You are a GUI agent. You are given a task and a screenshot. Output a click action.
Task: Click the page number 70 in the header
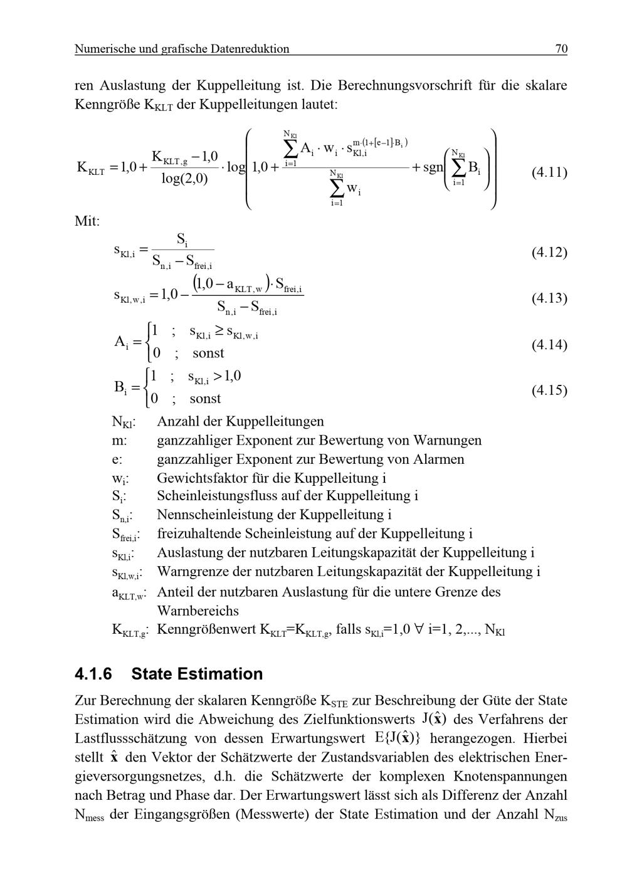(x=561, y=48)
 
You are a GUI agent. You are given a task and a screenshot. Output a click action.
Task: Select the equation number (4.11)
(x=549, y=172)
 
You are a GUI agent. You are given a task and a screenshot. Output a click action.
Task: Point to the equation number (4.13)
(x=549, y=298)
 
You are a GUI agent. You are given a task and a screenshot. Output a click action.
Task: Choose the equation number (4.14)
(x=549, y=344)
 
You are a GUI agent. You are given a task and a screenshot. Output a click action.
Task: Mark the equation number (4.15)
(x=549, y=390)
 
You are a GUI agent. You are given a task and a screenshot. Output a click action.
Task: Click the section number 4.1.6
(x=93, y=674)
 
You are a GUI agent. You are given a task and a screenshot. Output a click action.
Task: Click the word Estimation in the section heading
(x=221, y=674)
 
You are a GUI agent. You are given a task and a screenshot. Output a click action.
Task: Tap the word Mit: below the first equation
(x=87, y=221)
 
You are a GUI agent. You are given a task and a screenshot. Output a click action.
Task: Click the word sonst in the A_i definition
(x=208, y=353)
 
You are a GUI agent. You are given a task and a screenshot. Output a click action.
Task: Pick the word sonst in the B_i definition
(x=205, y=399)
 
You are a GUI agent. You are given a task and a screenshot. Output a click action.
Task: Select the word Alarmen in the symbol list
(x=438, y=459)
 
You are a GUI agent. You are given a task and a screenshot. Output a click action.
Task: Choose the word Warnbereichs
(x=198, y=611)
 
